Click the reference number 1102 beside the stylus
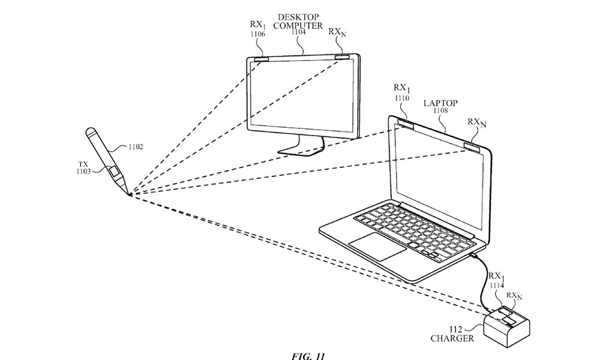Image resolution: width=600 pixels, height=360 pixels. click(x=136, y=146)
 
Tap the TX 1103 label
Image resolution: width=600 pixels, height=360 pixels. click(x=83, y=168)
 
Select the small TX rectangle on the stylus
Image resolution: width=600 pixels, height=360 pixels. click(x=113, y=170)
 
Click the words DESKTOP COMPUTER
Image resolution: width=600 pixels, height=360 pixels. click(x=298, y=22)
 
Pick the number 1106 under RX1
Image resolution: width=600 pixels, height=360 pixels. click(x=258, y=34)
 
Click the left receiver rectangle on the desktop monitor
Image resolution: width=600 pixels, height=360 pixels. click(x=262, y=59)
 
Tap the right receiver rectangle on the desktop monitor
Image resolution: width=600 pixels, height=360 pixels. click(x=343, y=56)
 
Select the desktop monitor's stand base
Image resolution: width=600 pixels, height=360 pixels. click(x=296, y=152)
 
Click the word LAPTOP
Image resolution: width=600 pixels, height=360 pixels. click(x=440, y=103)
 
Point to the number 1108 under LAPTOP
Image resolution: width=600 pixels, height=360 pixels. click(x=440, y=110)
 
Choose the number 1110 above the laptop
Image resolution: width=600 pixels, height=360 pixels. click(x=402, y=98)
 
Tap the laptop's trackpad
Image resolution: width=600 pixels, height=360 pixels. click(x=377, y=247)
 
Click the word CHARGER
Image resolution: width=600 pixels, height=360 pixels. click(x=452, y=338)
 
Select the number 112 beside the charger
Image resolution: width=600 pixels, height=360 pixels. click(x=455, y=329)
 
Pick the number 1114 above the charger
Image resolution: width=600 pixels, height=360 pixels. click(x=497, y=286)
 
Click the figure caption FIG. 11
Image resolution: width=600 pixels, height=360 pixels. click(x=308, y=356)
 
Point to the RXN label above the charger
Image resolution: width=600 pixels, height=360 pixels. click(x=514, y=296)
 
